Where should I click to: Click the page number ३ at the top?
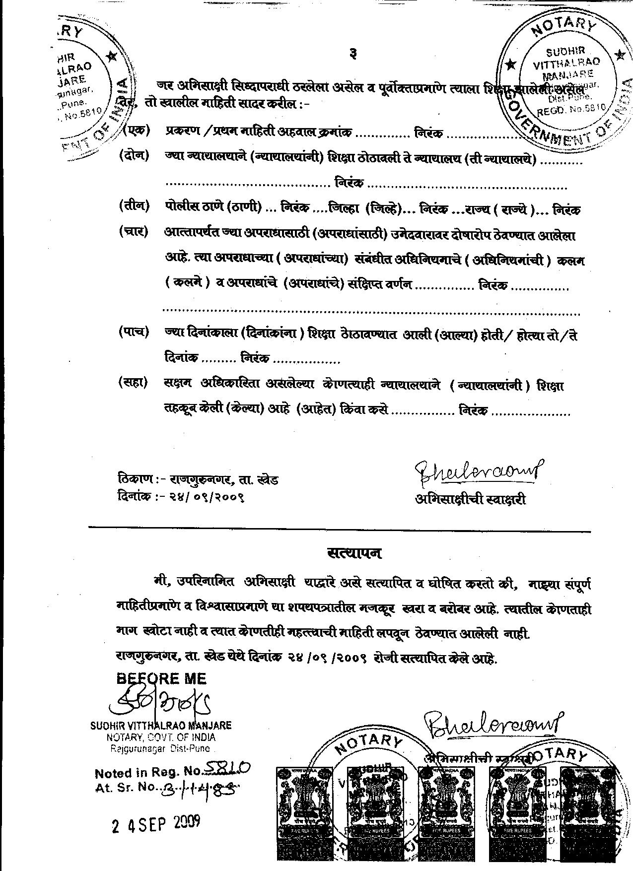352,54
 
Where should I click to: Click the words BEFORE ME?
162,678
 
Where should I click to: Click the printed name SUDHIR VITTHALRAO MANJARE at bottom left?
161,726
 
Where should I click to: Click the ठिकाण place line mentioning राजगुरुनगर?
199,479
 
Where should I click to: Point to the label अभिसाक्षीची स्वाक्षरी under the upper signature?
471,499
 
